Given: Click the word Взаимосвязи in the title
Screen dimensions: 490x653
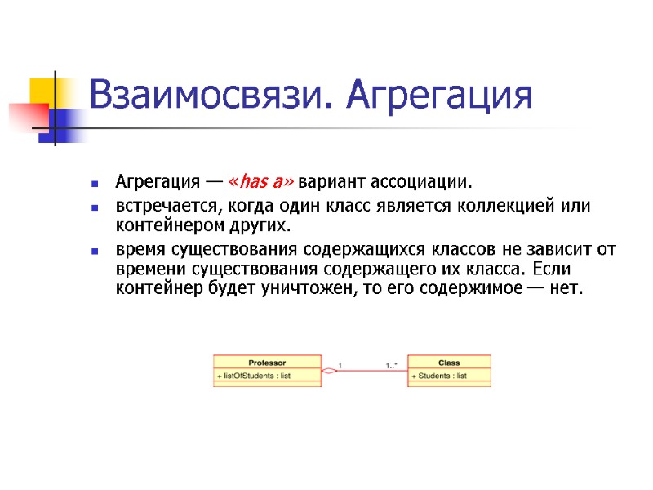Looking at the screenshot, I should pyautogui.click(x=207, y=96).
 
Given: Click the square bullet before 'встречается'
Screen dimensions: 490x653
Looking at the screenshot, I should pyautogui.click(x=96, y=206).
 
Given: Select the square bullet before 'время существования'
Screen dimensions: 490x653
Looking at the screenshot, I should pyautogui.click(x=96, y=251).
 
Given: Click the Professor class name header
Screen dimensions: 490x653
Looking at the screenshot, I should pyautogui.click(x=267, y=362).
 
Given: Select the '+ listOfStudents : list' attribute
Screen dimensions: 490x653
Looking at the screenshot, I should pyautogui.click(x=255, y=376).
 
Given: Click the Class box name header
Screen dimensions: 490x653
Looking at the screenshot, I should pyautogui.click(x=449, y=362).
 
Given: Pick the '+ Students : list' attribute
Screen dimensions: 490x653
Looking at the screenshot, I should pyautogui.click(x=440, y=376).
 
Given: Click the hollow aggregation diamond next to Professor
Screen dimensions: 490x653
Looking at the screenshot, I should pyautogui.click(x=328, y=372).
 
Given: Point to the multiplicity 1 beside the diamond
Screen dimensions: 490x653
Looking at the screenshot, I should pyautogui.click(x=339, y=365).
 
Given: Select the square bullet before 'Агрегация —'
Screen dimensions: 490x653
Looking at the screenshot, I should pyautogui.click(x=96, y=181).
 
